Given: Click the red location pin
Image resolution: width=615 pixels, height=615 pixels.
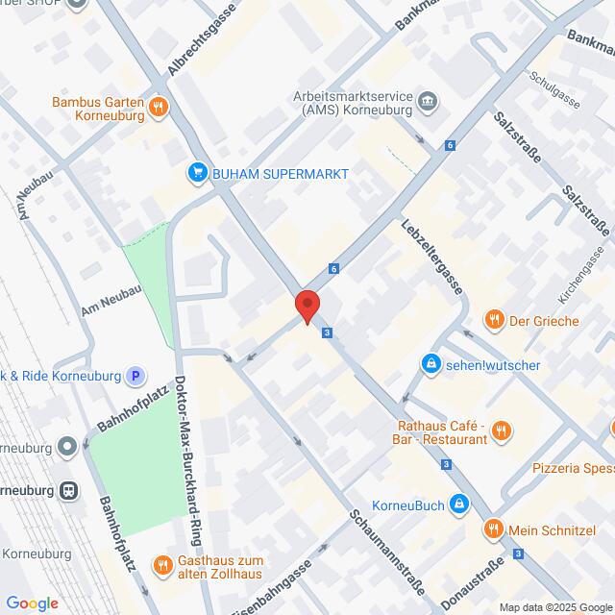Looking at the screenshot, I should pos(307,306).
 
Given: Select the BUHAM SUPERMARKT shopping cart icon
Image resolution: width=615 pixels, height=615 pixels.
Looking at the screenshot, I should pos(198,172).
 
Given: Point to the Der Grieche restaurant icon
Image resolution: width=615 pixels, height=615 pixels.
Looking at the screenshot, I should pos(494,319).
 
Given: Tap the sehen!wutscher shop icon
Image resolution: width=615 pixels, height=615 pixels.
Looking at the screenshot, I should pos(430,364).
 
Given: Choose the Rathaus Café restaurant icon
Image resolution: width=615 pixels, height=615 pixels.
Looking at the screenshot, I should pos(498,432).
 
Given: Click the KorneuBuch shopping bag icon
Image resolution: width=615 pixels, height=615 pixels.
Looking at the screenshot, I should pos(461,503).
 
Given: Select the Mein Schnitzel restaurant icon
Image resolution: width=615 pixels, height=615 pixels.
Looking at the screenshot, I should pos(493,528).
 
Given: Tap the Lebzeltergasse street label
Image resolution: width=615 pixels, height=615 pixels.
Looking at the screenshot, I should pos(431,258).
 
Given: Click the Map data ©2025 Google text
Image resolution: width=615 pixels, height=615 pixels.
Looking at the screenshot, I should pos(553,607).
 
